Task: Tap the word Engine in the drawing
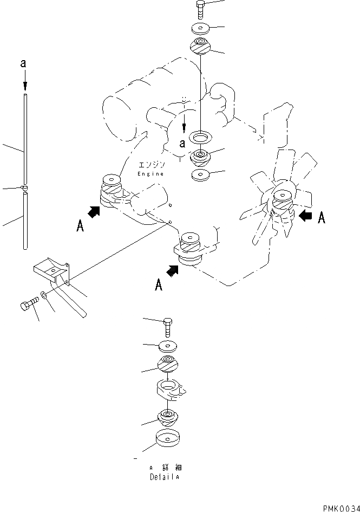point(150,173)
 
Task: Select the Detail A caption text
point(164,477)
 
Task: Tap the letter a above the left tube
point(23,64)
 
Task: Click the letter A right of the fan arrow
point(322,218)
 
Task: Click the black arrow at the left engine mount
point(94,212)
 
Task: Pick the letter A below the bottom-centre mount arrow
point(159,284)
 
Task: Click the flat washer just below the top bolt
point(200,29)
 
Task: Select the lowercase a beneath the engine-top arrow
point(183,143)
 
